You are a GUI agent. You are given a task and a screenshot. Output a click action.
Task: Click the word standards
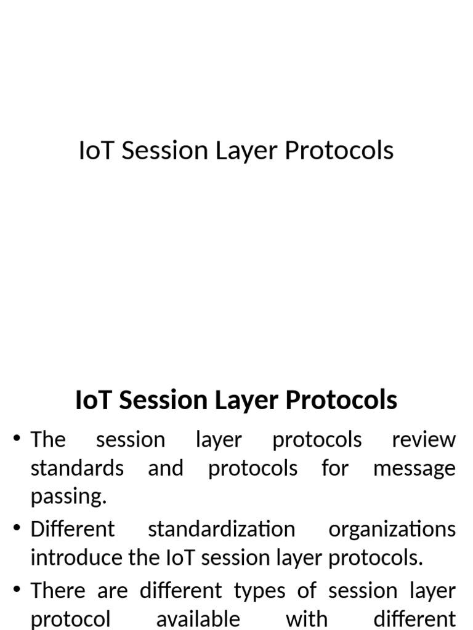click(x=77, y=468)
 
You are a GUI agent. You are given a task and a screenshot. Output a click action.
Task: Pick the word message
click(x=414, y=468)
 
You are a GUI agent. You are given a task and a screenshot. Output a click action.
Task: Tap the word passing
click(x=68, y=496)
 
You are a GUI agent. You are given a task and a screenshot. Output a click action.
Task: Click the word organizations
click(x=392, y=529)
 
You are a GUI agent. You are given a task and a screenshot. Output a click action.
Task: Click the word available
click(x=198, y=618)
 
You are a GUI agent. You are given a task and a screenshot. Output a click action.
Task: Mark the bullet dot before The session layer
click(x=17, y=439)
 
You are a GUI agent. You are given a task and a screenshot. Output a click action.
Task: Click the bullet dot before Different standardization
click(x=17, y=528)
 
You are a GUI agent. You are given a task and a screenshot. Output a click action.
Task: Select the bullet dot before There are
click(x=17, y=590)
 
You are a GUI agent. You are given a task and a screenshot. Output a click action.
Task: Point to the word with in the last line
click(x=306, y=618)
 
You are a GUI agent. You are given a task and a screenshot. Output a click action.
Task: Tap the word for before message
click(x=335, y=468)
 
